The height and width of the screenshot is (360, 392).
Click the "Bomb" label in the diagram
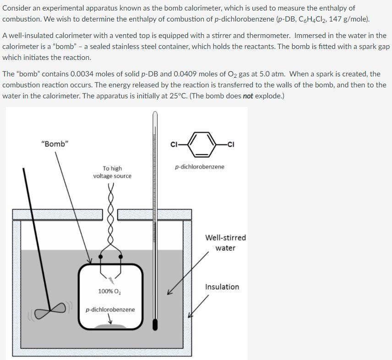[54, 144]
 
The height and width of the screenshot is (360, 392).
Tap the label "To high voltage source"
[112, 172]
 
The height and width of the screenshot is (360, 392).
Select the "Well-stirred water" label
[225, 243]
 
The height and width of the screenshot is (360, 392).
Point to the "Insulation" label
[222, 287]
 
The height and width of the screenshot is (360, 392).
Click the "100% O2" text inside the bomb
[109, 291]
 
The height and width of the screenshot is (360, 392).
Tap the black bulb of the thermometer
[155, 324]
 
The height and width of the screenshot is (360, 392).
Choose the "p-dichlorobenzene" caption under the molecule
[200, 167]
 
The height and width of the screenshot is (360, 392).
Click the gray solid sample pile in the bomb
[110, 325]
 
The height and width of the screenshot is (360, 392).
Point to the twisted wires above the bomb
[110, 215]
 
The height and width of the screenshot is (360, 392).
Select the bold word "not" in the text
[248, 96]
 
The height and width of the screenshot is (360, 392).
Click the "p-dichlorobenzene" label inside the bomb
[110, 310]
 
